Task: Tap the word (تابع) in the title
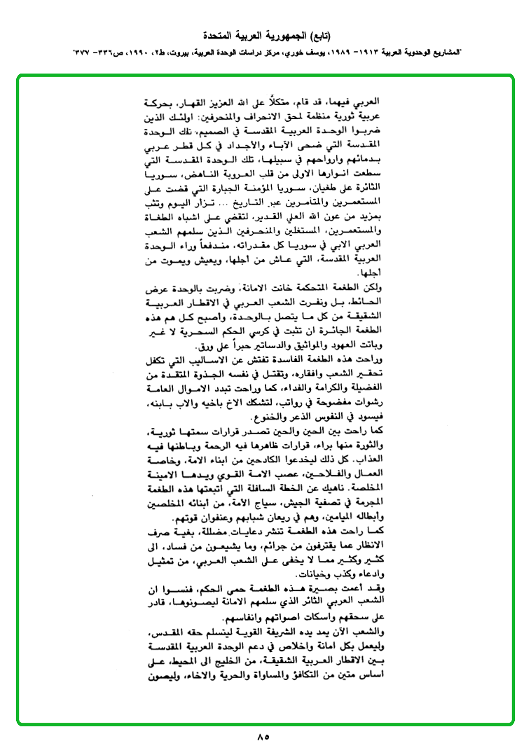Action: (x=317, y=35)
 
